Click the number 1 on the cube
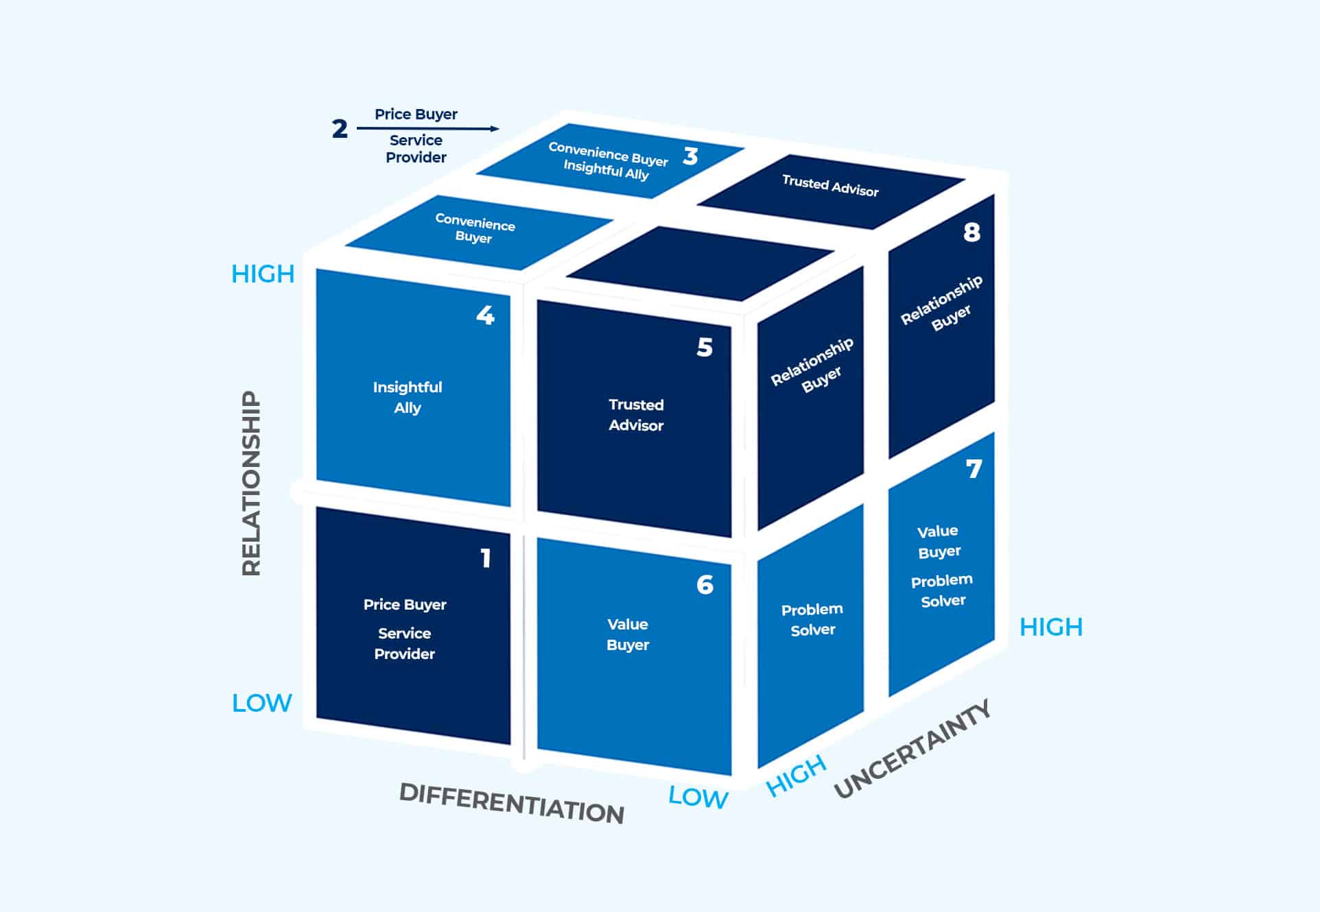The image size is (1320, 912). [x=486, y=558]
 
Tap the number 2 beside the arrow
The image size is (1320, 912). [x=340, y=129]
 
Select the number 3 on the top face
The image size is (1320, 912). [x=690, y=156]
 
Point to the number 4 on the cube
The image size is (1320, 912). [x=485, y=315]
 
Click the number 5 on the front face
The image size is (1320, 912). [x=705, y=348]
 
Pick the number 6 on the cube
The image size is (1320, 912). [x=705, y=585]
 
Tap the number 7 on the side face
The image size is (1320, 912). [x=974, y=469]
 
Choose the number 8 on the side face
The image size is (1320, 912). [x=971, y=232]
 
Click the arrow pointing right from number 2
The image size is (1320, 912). [x=428, y=128]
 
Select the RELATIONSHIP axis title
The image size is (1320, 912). [x=252, y=483]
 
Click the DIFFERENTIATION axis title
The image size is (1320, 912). [x=512, y=803]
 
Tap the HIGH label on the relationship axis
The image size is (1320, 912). [x=263, y=274]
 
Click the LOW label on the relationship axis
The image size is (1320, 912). [x=262, y=703]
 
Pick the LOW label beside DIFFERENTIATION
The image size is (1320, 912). [x=698, y=797]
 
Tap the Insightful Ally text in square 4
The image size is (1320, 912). [x=408, y=397]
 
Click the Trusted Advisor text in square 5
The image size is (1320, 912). [x=636, y=415]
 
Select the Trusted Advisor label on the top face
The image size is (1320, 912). [x=830, y=186]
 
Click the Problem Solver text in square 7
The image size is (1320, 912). [x=942, y=590]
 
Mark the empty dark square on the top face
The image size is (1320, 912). [x=700, y=264]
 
